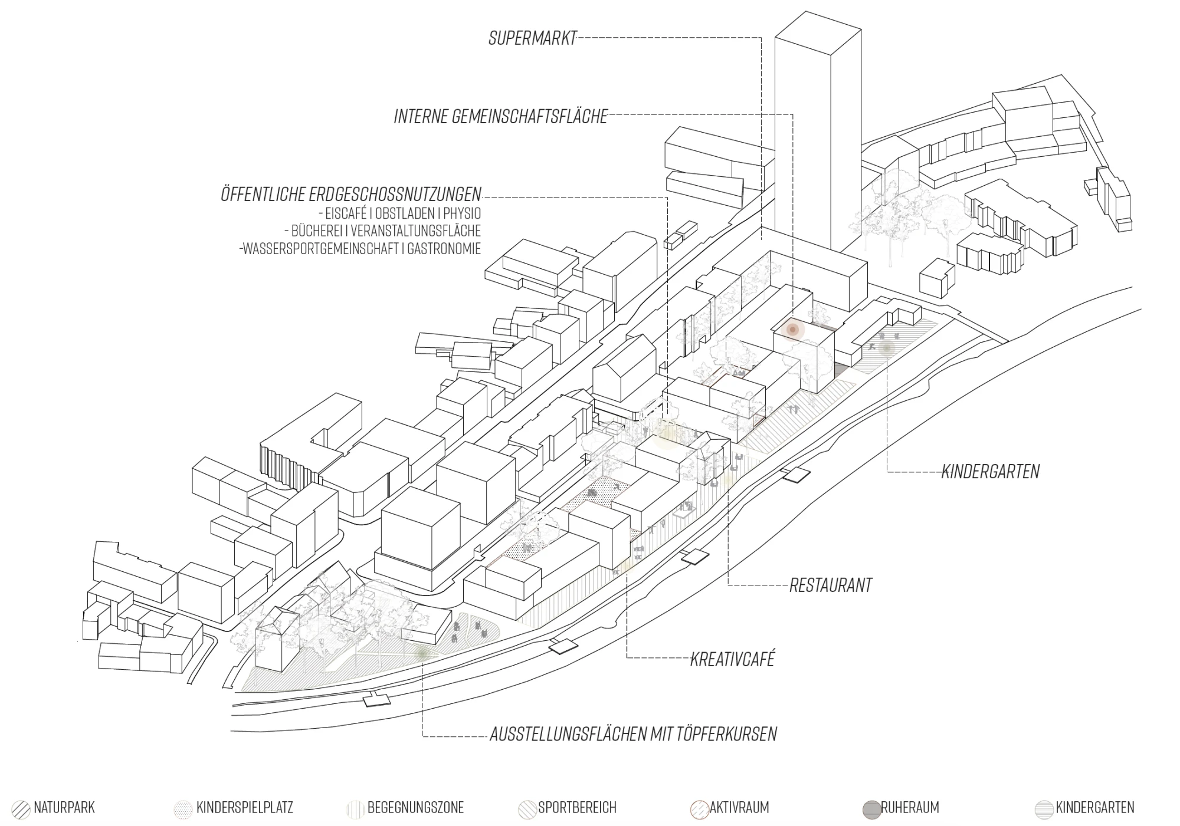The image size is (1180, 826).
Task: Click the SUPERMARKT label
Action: click(x=532, y=39)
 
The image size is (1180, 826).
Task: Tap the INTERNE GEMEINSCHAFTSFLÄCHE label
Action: click(x=501, y=116)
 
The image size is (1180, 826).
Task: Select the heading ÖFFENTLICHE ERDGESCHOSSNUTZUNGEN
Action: click(x=351, y=195)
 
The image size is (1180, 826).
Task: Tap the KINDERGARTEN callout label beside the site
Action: click(x=990, y=472)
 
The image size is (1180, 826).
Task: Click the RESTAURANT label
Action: click(x=831, y=585)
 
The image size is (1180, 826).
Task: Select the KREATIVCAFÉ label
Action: click(x=732, y=659)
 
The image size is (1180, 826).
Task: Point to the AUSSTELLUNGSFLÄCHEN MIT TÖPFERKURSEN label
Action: click(x=633, y=735)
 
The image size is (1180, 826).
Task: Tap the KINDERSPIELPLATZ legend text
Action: click(x=245, y=808)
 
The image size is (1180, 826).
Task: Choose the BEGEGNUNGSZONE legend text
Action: click(x=415, y=808)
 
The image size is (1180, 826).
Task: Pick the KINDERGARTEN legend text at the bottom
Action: click(x=1095, y=808)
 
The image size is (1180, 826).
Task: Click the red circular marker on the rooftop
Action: click(x=793, y=330)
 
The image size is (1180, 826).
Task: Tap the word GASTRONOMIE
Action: click(x=444, y=249)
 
